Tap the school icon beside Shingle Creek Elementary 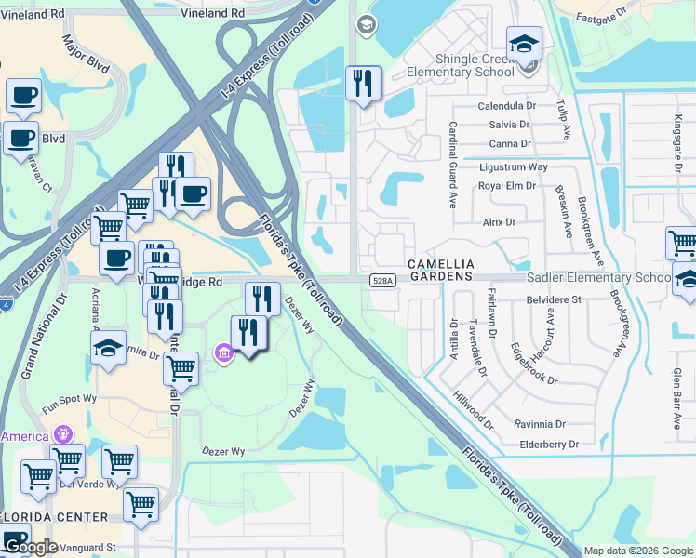click(524, 45)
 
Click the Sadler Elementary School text click(598, 278)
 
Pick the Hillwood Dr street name click(474, 409)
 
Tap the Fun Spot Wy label click(69, 398)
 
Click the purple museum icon click(223, 353)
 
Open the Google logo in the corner click(30, 547)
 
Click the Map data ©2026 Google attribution click(638, 551)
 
